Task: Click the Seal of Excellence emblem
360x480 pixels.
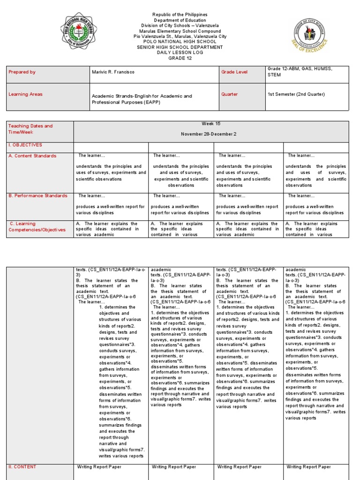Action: [309, 37]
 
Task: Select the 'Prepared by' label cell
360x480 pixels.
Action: [22, 72]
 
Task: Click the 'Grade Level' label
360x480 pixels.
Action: [235, 72]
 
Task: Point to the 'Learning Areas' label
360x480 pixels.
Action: [25, 94]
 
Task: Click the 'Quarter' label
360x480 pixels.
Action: [230, 94]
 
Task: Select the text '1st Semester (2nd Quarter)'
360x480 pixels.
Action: [296, 94]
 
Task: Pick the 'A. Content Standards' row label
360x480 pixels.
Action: [32, 156]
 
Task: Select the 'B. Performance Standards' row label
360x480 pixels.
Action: [37, 196]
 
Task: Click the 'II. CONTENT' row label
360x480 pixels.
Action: [22, 467]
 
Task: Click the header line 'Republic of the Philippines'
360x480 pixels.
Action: [180, 15]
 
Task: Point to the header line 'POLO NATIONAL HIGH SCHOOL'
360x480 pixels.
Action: [180, 42]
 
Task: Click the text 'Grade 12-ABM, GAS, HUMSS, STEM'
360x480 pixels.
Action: [300, 71]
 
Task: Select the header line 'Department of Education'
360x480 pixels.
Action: [180, 20]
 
